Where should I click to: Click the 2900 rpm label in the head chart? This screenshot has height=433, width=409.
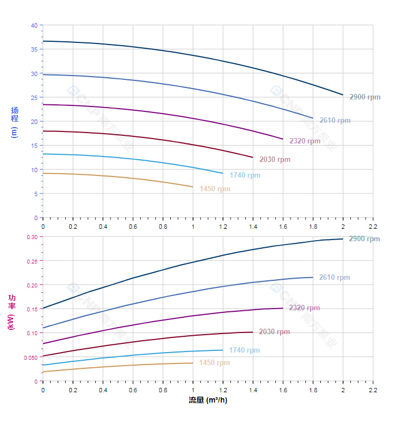click(365, 97)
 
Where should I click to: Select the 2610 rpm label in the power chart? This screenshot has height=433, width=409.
click(334, 278)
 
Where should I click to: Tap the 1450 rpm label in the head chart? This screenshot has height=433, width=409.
click(215, 189)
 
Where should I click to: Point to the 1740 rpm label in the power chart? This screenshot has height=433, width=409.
click(244, 350)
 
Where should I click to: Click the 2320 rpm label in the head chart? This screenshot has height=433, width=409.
click(305, 141)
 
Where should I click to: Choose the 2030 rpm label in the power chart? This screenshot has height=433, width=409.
click(275, 332)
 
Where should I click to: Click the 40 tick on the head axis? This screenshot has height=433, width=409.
click(34, 26)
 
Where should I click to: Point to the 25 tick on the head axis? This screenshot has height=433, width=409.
click(34, 98)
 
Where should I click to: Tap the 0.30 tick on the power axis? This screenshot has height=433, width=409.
click(32, 237)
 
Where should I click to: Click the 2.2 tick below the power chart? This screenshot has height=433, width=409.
click(373, 390)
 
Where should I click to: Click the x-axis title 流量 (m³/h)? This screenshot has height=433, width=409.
click(208, 400)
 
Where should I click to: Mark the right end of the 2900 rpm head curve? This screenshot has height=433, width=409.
click(343, 95)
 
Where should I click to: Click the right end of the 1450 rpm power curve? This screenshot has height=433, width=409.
click(193, 363)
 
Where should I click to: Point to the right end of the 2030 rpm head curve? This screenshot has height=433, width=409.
click(253, 158)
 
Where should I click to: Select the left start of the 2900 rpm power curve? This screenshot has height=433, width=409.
click(43, 309)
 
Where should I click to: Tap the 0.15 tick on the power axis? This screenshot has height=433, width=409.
click(32, 309)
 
